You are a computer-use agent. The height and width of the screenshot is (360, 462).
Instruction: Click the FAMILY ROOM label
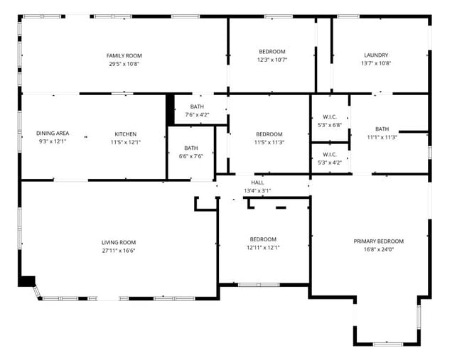124,55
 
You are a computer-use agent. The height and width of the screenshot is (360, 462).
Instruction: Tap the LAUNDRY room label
376,55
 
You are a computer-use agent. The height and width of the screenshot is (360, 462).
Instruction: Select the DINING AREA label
53,133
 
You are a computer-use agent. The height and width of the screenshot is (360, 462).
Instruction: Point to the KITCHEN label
126,134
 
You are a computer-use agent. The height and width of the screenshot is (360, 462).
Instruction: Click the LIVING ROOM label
119,242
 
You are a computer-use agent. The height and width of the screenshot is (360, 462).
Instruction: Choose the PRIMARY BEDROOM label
379,241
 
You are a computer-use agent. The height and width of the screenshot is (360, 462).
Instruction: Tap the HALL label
257,182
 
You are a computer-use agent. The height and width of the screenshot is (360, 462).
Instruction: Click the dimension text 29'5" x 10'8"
124,64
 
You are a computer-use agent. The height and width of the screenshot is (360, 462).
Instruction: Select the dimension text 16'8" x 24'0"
379,250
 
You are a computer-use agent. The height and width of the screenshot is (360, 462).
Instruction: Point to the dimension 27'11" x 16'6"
119,251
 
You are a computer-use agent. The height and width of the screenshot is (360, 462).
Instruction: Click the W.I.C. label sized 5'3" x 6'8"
330,117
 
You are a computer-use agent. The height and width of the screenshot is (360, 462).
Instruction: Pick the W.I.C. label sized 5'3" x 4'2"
330,154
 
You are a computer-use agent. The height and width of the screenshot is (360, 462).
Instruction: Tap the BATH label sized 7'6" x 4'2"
197,107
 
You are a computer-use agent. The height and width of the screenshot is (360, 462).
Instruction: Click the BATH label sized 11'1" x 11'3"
382,129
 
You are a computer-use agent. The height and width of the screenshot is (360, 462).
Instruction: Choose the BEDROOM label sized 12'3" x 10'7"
272,52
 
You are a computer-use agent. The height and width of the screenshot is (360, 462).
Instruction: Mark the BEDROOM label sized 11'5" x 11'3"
269,134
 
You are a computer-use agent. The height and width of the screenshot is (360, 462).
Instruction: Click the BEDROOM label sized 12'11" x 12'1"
263,239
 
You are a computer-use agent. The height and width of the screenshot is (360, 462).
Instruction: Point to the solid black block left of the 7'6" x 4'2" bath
170,110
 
